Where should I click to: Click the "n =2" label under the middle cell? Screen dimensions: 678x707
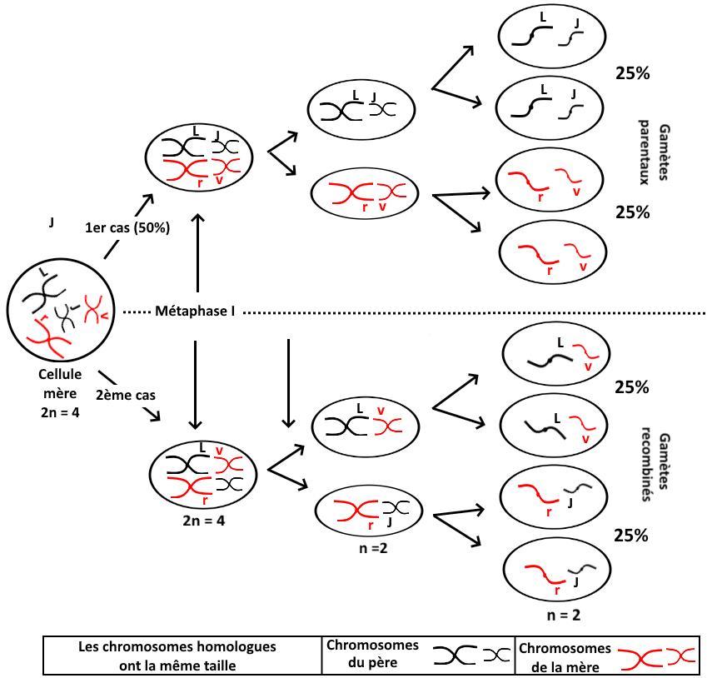tap(367, 551)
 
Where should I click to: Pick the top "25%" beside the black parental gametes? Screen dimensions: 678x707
tap(631, 73)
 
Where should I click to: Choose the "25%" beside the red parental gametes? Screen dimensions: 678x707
tap(631, 212)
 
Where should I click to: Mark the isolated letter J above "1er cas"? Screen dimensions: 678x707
tap(52, 222)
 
